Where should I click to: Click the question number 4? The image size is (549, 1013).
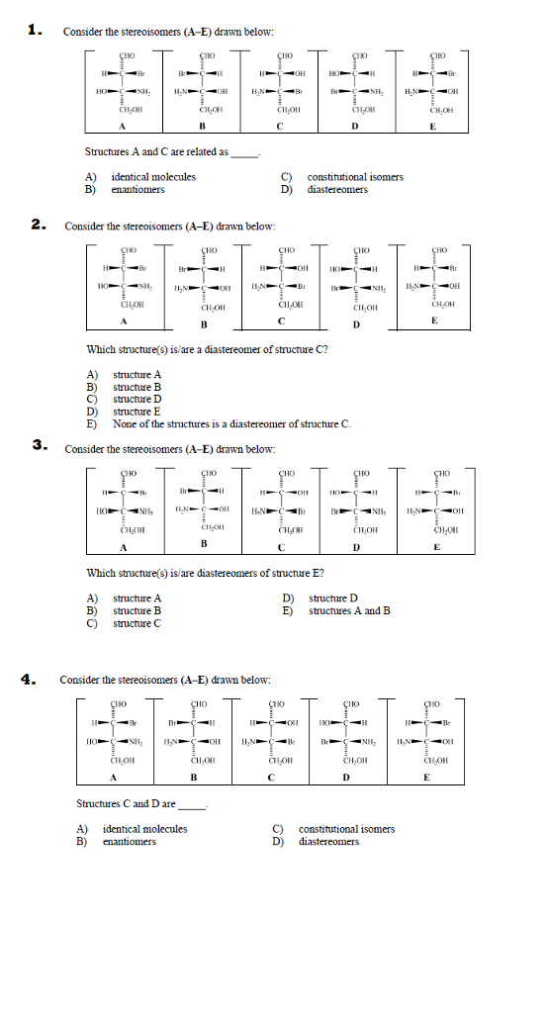click(32, 679)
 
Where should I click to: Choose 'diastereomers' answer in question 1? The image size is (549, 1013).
click(336, 189)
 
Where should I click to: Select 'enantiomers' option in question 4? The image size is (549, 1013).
click(129, 842)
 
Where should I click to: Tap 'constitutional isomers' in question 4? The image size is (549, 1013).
click(345, 829)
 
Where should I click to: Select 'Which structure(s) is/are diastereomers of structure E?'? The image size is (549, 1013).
click(206, 573)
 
